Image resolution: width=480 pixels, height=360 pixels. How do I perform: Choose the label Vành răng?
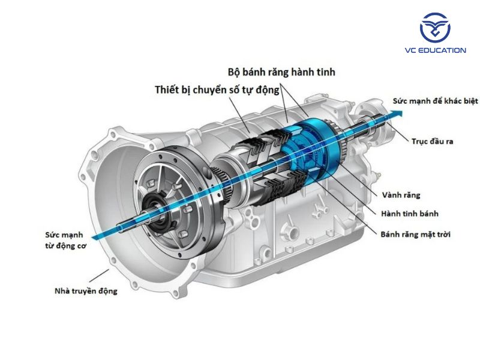pyautogui.click(x=401, y=195)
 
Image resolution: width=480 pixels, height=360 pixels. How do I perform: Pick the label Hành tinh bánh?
pyautogui.click(x=409, y=214)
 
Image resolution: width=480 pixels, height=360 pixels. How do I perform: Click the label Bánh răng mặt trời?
pyautogui.click(x=415, y=233)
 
